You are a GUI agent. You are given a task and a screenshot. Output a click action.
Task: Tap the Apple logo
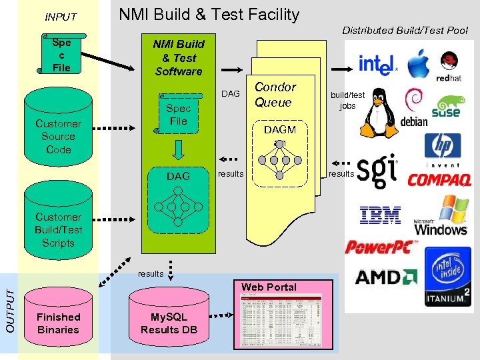tap(418, 63)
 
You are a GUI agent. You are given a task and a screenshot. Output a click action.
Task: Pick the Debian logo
tap(414, 111)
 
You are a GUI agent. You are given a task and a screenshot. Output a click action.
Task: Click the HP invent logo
tap(443, 149)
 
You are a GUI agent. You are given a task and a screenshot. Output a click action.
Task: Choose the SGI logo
tap(377, 173)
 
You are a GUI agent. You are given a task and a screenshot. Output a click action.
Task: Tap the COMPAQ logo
tap(439, 179)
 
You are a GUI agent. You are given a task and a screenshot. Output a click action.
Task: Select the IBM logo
tap(380, 215)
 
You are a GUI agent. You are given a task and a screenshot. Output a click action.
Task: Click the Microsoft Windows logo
tap(441, 216)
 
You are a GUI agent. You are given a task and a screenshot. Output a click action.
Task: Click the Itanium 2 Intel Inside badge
tap(447, 276)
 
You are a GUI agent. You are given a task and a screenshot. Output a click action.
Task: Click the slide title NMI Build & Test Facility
tap(209, 15)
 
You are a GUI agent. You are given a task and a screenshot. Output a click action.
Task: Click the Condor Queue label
tap(275, 95)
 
